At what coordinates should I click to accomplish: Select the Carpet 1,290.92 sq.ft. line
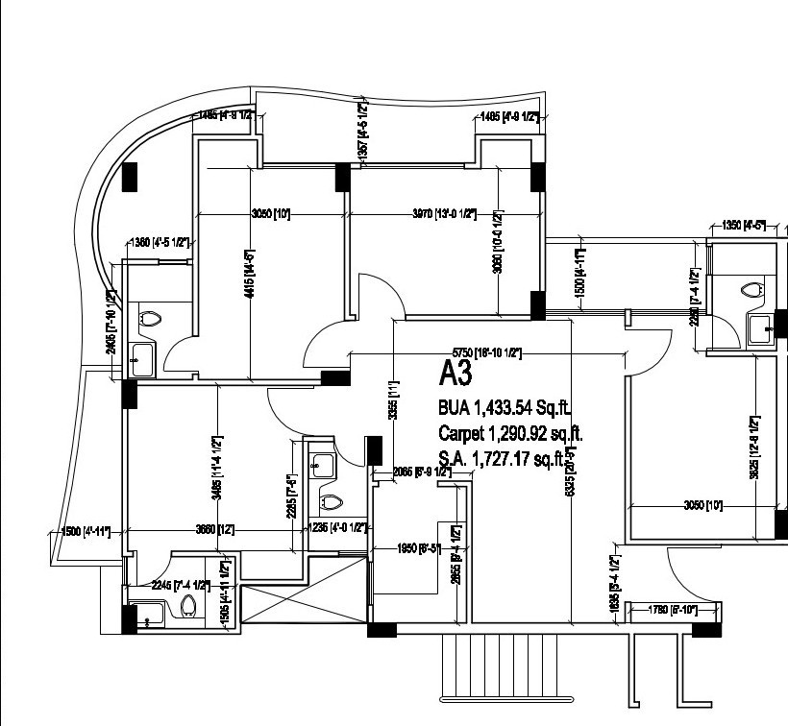[x=510, y=433]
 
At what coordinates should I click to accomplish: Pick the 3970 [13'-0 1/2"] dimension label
[x=443, y=214]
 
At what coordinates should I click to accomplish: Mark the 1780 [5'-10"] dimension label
[x=672, y=609]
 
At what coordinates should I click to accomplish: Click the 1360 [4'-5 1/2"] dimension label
[x=154, y=243]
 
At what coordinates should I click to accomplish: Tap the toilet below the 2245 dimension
[x=188, y=606]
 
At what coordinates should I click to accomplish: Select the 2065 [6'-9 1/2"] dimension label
[x=422, y=472]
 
